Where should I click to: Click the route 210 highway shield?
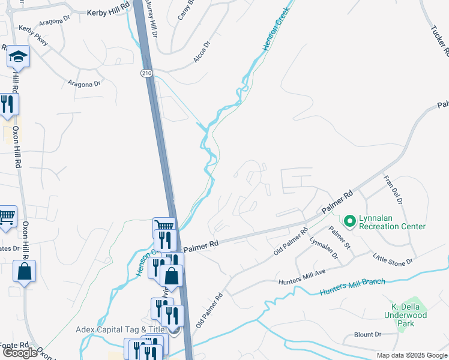click(146, 73)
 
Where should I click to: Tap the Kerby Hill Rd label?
click(109, 12)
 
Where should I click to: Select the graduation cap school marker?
click(18, 58)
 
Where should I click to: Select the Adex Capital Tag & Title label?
click(120, 329)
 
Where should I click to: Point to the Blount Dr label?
click(368, 334)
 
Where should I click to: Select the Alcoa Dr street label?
click(202, 52)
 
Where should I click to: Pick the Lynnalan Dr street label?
click(324, 248)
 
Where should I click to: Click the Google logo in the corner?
click(20, 353)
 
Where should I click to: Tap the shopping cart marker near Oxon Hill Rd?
click(7, 217)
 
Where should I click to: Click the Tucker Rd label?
click(439, 40)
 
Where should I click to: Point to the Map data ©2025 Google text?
click(412, 355)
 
